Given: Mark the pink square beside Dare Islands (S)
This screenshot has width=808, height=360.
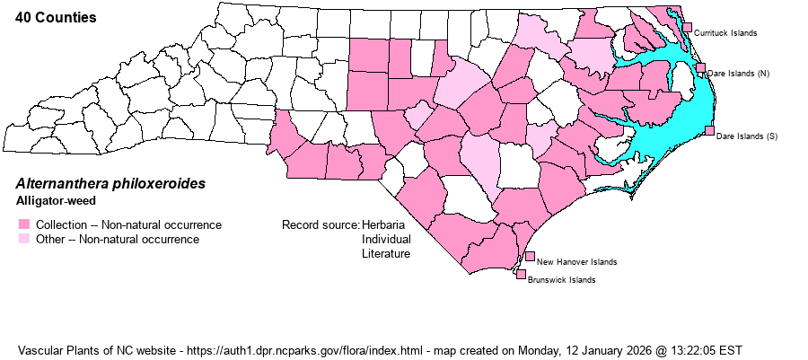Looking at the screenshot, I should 709,131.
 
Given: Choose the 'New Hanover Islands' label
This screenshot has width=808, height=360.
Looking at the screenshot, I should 576,262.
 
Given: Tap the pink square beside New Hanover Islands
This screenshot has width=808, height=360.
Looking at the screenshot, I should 530,257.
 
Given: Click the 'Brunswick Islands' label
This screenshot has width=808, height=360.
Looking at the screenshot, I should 562,280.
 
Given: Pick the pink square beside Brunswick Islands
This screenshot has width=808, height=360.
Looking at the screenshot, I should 521,275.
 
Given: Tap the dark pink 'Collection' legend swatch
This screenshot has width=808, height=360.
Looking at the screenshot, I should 24,224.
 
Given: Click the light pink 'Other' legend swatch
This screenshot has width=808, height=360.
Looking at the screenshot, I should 24,239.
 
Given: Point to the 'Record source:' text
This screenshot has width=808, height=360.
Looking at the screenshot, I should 321,224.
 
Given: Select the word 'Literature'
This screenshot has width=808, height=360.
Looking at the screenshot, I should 386,253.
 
